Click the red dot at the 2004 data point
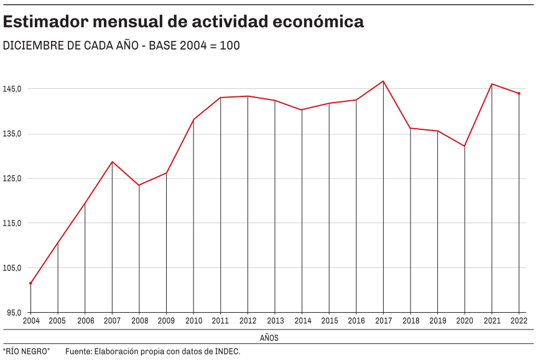tap(30, 284)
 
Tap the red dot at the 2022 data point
tap(519, 93)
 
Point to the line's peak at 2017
tap(383, 81)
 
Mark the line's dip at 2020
tap(465, 146)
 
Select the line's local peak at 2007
tap(112, 162)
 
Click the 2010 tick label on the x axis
tap(193, 321)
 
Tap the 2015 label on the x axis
tap(329, 321)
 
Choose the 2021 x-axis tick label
tap(492, 321)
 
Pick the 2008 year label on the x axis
tap(139, 321)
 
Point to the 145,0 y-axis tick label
tap(12, 89)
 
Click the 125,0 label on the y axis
tap(12, 178)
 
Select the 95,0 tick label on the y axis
tap(14, 312)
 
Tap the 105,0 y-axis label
tap(12, 268)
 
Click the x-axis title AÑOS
tap(269, 338)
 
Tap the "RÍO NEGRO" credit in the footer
tap(26, 352)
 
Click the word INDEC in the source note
tap(226, 352)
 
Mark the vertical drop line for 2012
tap(248, 205)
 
